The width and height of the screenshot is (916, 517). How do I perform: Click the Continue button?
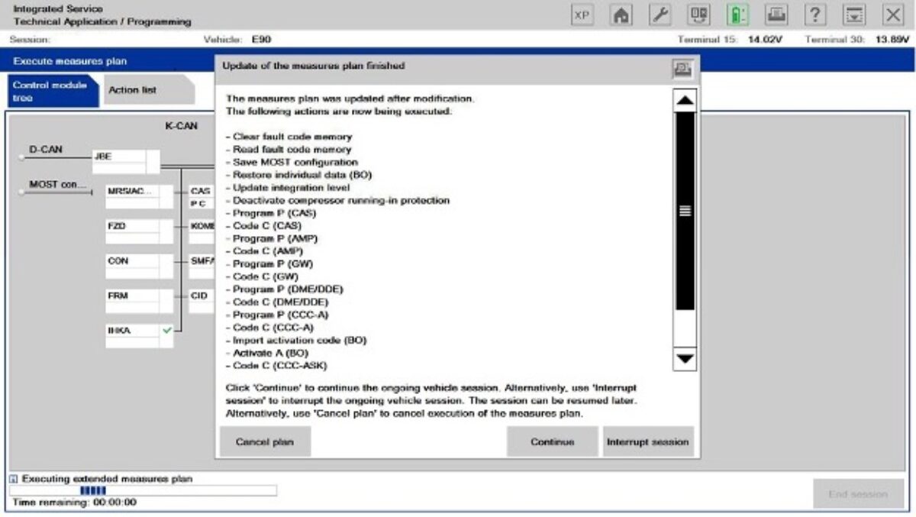click(553, 442)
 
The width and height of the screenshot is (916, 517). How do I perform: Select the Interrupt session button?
click(648, 442)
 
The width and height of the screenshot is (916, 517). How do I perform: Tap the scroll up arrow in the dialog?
click(685, 100)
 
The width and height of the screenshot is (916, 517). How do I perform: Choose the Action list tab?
click(132, 90)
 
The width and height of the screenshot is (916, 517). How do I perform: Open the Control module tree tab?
click(50, 92)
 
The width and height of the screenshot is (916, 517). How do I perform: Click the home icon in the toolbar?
click(622, 15)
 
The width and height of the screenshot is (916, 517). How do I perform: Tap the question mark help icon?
click(816, 15)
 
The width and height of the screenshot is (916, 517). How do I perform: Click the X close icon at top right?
click(893, 15)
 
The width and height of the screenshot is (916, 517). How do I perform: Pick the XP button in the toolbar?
click(582, 15)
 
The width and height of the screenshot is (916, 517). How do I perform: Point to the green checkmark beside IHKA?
click(167, 330)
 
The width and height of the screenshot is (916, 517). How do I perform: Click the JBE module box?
click(119, 157)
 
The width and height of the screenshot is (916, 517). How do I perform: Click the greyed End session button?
click(857, 494)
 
